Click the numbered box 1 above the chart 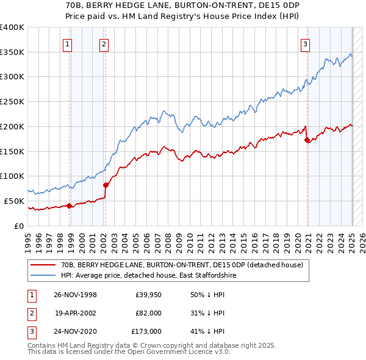click(x=66, y=43)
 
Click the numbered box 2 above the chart click(x=104, y=43)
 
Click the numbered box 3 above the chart click(x=304, y=43)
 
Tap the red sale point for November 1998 click(x=70, y=206)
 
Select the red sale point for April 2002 click(x=106, y=185)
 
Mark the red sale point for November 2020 click(x=307, y=140)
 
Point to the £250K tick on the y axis click(x=12, y=102)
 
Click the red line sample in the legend click(x=43, y=265)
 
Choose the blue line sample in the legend click(x=43, y=276)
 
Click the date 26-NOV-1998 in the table click(x=75, y=295)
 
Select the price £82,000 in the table click(x=148, y=313)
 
